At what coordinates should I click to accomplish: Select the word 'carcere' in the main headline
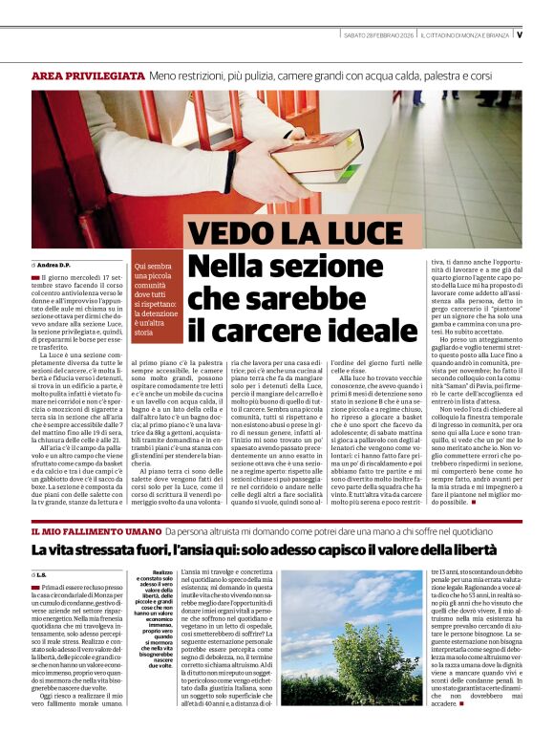click(x=257, y=332)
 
